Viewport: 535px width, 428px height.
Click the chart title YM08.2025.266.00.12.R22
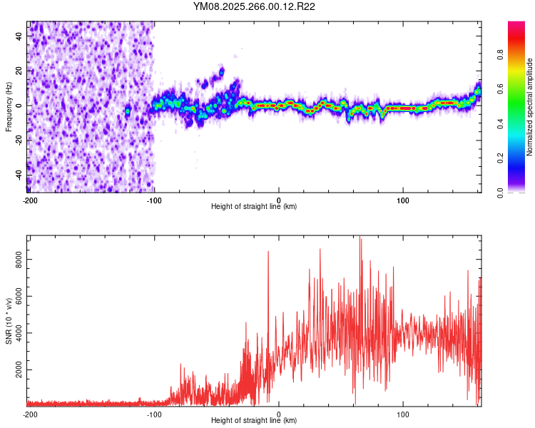(255, 6)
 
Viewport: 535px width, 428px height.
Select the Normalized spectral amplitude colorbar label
(530, 107)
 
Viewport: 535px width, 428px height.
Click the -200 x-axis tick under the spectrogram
(29, 200)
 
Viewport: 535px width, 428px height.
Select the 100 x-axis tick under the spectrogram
(403, 200)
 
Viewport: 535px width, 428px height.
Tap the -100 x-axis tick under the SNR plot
(154, 414)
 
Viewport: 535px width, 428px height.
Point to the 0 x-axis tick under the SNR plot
(279, 414)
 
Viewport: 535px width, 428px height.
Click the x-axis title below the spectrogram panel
(254, 207)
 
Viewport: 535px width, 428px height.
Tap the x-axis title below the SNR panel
(254, 421)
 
